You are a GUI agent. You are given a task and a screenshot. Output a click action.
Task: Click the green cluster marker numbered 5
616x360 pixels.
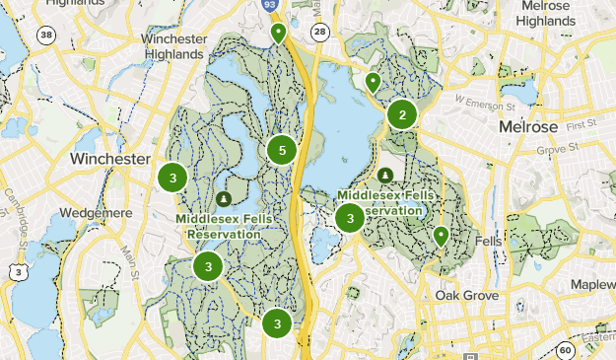[x=282, y=151]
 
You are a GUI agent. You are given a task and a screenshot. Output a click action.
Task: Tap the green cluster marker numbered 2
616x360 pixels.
[x=402, y=115]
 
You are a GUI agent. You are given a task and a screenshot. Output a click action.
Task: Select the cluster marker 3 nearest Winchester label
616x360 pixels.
[x=172, y=178]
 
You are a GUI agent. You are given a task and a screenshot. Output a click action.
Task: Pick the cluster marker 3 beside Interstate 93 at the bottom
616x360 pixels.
[x=278, y=324]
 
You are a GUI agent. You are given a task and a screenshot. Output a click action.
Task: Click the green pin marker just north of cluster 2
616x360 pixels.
[x=373, y=83]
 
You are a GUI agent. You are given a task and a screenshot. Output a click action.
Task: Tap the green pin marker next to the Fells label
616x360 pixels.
[x=442, y=236]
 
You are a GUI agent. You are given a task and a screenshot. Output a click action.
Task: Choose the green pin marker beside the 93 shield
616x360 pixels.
[x=279, y=34]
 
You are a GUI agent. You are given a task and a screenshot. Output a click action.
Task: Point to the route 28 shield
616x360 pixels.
[x=318, y=33]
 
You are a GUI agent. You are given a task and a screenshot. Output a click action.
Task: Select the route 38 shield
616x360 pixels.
[x=45, y=36]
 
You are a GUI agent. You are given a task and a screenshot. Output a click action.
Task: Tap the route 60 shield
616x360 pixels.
[x=564, y=350]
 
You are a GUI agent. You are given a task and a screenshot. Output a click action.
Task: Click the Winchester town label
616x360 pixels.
[x=109, y=159]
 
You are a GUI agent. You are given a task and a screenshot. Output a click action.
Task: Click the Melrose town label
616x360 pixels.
[x=528, y=128]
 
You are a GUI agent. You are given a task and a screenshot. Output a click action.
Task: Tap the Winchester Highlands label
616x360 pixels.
[x=174, y=46]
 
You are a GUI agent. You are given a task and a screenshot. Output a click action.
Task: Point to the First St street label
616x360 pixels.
[x=582, y=124]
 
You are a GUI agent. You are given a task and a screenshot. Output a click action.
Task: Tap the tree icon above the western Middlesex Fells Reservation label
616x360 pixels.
[x=223, y=198]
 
